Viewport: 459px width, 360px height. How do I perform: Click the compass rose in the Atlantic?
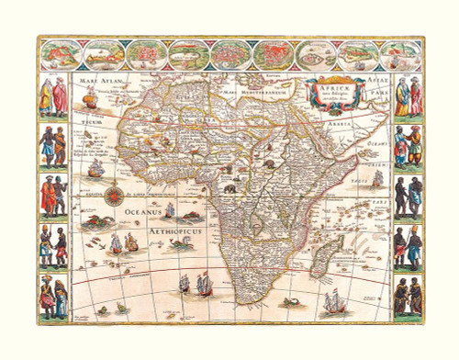[118, 195]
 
